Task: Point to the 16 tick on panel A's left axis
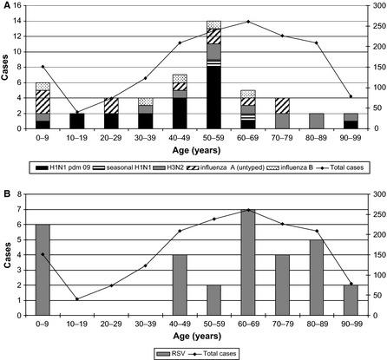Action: pos(26,5)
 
